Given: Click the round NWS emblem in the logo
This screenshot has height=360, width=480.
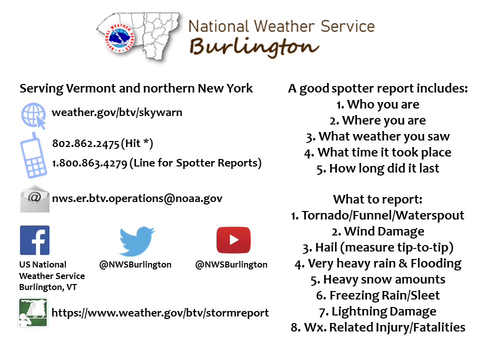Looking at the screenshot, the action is pyautogui.click(x=119, y=37).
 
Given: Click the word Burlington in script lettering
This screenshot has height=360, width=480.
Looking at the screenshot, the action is pyautogui.click(x=254, y=47).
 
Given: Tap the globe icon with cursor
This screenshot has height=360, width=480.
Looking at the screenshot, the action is pyautogui.click(x=33, y=115).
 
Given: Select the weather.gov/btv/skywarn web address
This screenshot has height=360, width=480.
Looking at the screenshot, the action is pyautogui.click(x=117, y=112).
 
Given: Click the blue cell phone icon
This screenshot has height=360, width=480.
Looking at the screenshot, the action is pyautogui.click(x=33, y=155).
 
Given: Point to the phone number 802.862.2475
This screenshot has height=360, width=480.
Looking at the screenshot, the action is pyautogui.click(x=85, y=143).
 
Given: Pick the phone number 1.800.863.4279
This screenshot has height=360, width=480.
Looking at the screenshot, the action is pyautogui.click(x=89, y=163).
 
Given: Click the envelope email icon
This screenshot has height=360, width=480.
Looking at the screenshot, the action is pyautogui.click(x=34, y=198).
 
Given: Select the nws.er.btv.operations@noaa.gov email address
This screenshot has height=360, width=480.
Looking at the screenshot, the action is pyautogui.click(x=137, y=198).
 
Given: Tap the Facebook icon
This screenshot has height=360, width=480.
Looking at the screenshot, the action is pyautogui.click(x=34, y=240).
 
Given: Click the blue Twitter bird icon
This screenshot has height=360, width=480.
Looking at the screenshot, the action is pyautogui.click(x=137, y=241).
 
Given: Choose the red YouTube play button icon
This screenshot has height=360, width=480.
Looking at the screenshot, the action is pyautogui.click(x=233, y=240).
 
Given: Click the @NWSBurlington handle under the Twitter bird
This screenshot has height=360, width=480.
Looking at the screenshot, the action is pyautogui.click(x=135, y=264).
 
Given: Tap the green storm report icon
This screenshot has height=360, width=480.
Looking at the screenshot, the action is pyautogui.click(x=33, y=312).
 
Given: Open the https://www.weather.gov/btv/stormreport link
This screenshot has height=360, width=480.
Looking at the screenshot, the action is pyautogui.click(x=160, y=313).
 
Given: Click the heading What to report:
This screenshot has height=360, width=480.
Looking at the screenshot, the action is pyautogui.click(x=378, y=199).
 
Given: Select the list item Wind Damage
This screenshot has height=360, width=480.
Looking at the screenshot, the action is pyautogui.click(x=384, y=231).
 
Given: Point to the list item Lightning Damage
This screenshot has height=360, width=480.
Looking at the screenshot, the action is pyautogui.click(x=384, y=311).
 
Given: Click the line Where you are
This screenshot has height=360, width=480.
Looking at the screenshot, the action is pyautogui.click(x=384, y=120).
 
